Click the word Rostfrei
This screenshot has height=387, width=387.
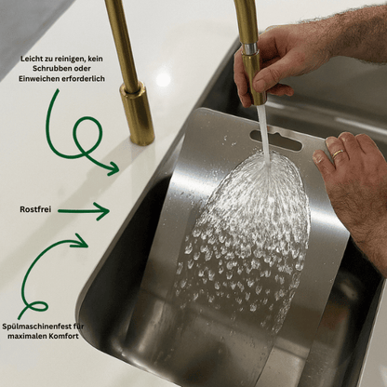pyautogui.click(x=34, y=210)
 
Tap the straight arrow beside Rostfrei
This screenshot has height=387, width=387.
pyautogui.click(x=84, y=211)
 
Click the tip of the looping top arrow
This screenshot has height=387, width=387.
pyautogui.click(x=115, y=169)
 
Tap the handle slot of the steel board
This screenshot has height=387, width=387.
pyautogui.click(x=275, y=140)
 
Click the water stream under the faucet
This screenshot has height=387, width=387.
pyautogui.click(x=263, y=130)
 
